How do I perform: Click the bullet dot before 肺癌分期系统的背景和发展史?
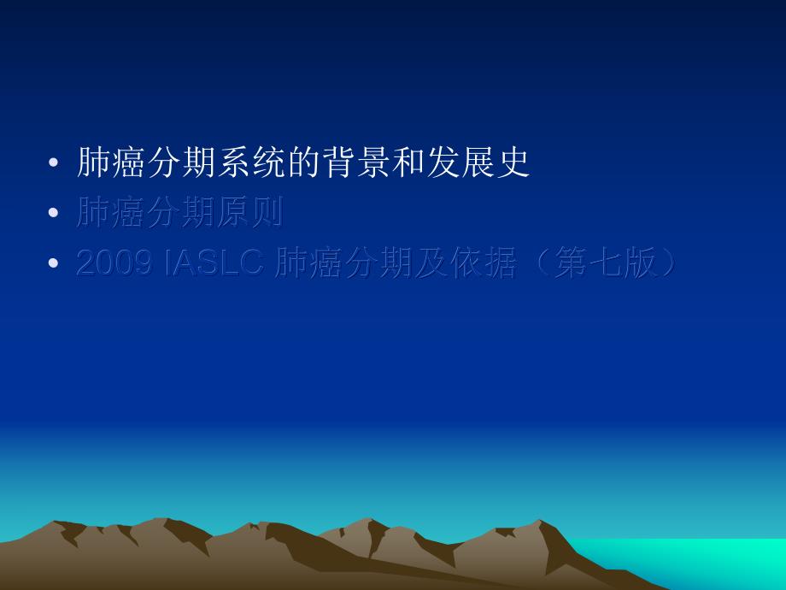55,163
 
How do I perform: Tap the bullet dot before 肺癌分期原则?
55,214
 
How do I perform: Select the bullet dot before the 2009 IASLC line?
55,264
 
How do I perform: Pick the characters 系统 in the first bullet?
248,162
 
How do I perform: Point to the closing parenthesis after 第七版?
663,264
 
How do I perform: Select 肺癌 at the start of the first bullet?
110,162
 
